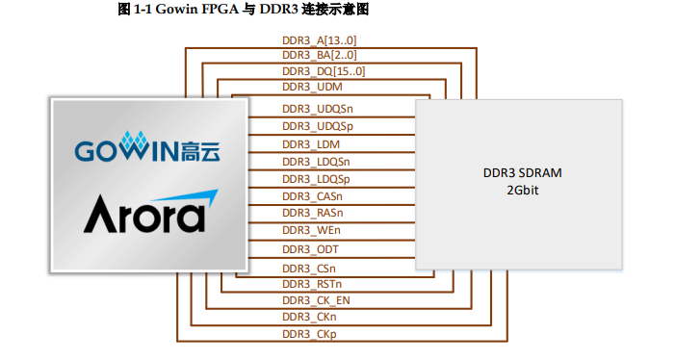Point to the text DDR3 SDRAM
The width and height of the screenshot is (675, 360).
click(x=522, y=173)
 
